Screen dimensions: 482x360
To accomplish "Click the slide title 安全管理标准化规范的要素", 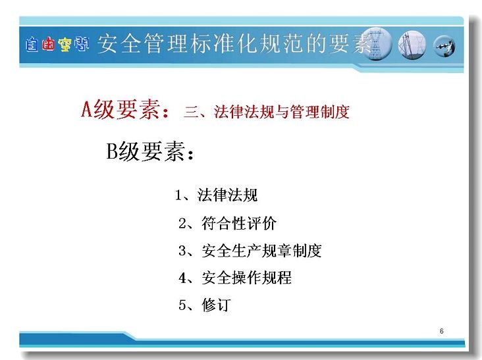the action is click(x=234, y=43).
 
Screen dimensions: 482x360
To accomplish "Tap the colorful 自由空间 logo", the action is click(x=57, y=44).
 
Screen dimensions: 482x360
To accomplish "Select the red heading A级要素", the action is click(x=125, y=109).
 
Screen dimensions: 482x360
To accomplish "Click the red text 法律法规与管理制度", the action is click(x=282, y=111).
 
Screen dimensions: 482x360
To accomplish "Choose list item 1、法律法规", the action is click(x=216, y=195).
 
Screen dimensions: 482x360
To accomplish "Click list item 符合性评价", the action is click(x=239, y=223).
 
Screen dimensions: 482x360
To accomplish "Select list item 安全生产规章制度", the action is click(x=261, y=251).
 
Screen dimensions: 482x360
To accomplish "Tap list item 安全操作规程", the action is click(x=246, y=278).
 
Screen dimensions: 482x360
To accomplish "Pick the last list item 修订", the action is click(x=216, y=305).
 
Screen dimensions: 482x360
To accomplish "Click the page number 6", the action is click(x=441, y=331).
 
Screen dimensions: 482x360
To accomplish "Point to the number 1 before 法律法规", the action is click(x=178, y=195).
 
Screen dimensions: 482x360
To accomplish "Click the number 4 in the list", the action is click(x=182, y=278).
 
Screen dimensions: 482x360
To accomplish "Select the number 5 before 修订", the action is click(x=182, y=305).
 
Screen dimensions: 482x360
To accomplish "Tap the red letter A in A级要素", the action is click(x=87, y=109).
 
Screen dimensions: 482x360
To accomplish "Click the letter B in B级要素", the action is click(x=112, y=151).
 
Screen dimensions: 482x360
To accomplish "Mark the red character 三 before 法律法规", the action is click(x=191, y=111).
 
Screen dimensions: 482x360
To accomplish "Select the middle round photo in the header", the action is click(x=412, y=45).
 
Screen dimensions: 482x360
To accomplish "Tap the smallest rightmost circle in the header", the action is click(x=444, y=46).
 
